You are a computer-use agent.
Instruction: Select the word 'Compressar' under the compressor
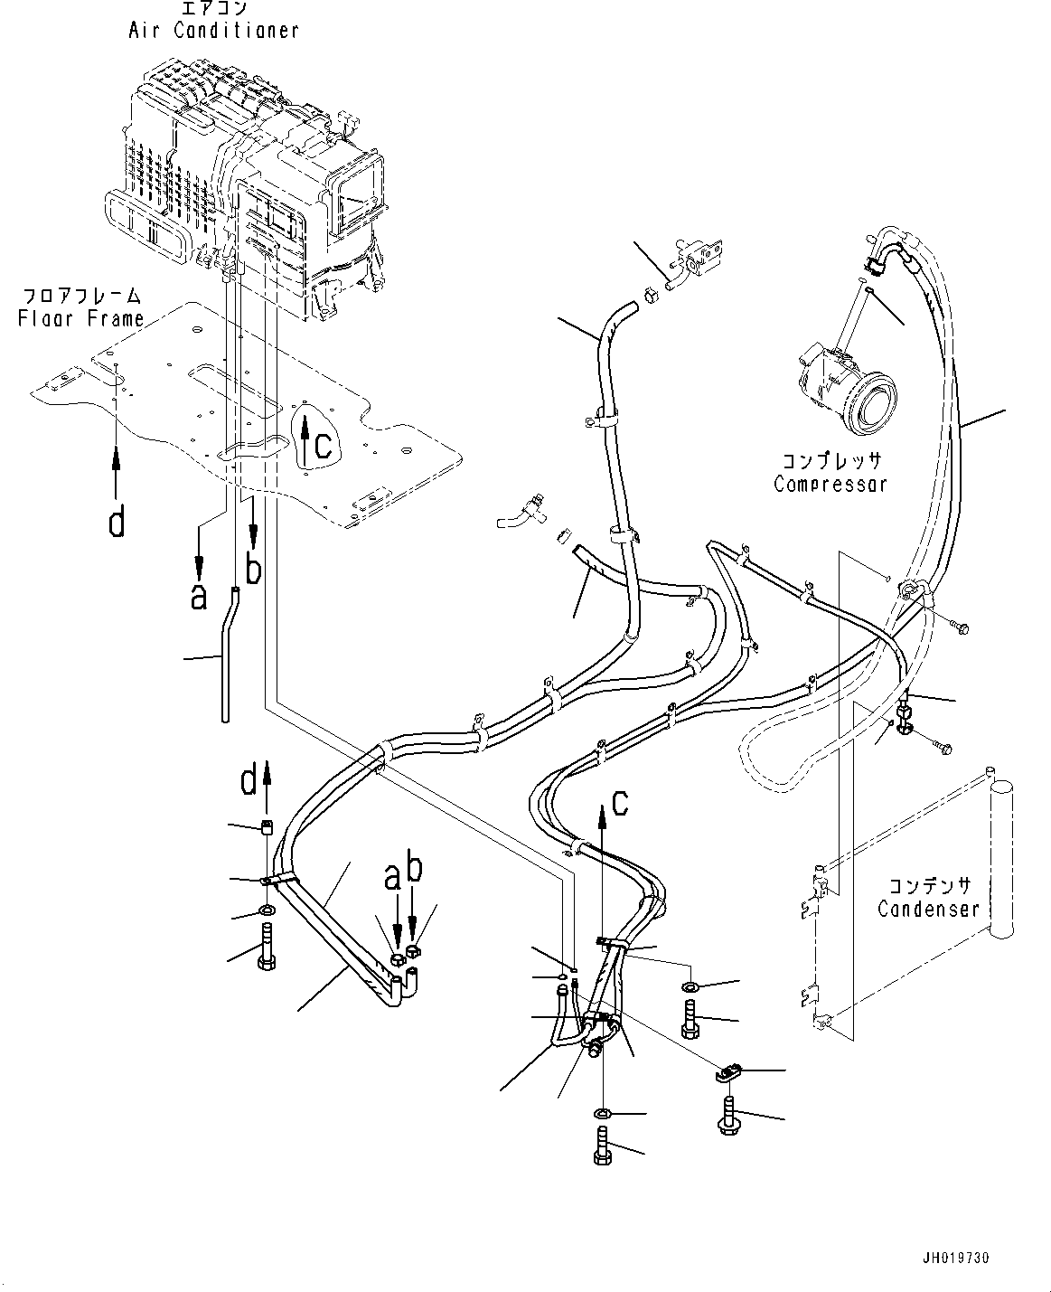pos(830,484)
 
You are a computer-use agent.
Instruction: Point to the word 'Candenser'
pos(928,908)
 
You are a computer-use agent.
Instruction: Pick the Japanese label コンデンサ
pos(928,885)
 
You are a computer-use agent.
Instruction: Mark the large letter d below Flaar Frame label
pos(116,522)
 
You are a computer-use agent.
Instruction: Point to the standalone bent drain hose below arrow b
pos(226,655)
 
